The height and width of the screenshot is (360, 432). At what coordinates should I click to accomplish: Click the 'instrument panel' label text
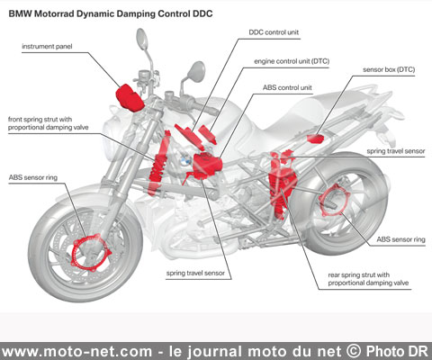pos(47,47)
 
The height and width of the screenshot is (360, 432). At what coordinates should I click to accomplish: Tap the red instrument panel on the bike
pos(130,98)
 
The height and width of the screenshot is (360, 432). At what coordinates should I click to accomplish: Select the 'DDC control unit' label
pos(274,32)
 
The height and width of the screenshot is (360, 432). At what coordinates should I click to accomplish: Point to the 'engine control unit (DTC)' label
pos(292,61)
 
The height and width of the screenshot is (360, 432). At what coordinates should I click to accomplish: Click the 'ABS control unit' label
pos(287,87)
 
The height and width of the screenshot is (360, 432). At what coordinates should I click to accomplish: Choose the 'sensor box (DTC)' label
pos(389,69)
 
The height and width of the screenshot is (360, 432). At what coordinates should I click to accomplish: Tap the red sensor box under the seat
pos(315,139)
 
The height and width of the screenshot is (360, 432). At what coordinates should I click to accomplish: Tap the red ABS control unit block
pos(207,165)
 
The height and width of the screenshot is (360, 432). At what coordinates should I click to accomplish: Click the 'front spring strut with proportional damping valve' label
pos(49,123)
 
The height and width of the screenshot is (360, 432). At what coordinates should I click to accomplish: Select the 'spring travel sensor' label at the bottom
pos(195,273)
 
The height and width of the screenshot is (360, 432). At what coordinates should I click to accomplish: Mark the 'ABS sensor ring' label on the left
pos(33,177)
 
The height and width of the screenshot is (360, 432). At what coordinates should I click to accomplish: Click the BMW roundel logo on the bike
pos(185,160)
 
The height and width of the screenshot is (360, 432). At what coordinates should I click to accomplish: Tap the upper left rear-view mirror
pos(142,39)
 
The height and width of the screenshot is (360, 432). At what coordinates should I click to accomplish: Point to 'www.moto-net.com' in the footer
pos(77,352)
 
